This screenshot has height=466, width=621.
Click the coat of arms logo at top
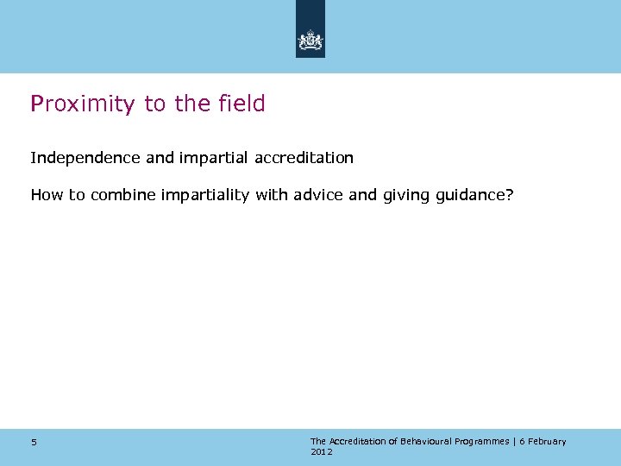point(310,40)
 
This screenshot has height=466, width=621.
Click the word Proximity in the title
point(83,104)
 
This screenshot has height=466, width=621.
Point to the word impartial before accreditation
point(217,159)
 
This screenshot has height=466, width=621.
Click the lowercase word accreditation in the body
point(304,159)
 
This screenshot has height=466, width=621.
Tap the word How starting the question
point(47,195)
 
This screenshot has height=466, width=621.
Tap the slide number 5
point(34,443)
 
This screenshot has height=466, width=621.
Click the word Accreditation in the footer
point(357,441)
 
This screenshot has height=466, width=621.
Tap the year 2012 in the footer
point(321,452)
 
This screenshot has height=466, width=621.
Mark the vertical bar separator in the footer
point(514,442)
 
